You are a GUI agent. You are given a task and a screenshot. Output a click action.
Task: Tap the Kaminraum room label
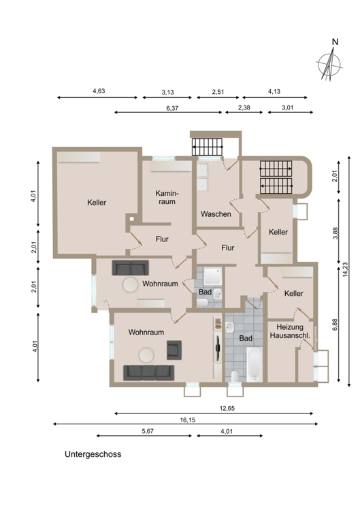pyautogui.click(x=167, y=197)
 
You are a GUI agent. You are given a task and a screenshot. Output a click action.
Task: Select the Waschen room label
pyautogui.click(x=216, y=214)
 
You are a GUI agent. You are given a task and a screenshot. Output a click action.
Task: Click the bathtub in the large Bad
pyautogui.click(x=255, y=364)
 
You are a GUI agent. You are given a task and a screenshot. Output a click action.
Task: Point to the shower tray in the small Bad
pyautogui.click(x=212, y=277)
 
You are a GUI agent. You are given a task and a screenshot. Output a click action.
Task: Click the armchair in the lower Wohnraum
pyautogui.click(x=174, y=350)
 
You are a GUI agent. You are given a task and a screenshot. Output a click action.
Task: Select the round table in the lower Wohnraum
pyautogui.click(x=146, y=355)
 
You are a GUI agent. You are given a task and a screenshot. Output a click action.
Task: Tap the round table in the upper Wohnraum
pyautogui.click(x=130, y=285)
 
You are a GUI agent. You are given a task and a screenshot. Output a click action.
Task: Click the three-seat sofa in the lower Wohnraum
pyautogui.click(x=148, y=373)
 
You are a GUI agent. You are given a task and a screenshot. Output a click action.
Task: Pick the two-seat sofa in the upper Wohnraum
pyautogui.click(x=130, y=268)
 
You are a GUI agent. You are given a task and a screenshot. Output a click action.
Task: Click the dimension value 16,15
pyautogui.click(x=188, y=420)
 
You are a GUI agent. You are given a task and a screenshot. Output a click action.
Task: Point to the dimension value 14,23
pyautogui.click(x=345, y=270)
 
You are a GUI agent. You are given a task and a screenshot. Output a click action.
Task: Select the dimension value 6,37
pyautogui.click(x=172, y=108)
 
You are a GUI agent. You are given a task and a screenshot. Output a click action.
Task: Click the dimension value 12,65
pyautogui.click(x=227, y=409)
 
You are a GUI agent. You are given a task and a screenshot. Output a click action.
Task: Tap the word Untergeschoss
pyautogui.click(x=93, y=454)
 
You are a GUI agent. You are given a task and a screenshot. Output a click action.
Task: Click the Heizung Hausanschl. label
pyautogui.click(x=290, y=331)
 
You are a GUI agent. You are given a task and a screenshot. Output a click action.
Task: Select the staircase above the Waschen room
pyautogui.click(x=207, y=147)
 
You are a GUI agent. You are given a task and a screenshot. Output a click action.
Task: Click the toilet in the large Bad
pyautogui.click(x=235, y=376)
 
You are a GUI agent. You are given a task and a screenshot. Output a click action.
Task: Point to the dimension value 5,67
pyautogui.click(x=148, y=431)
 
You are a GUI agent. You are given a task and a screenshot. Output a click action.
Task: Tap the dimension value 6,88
pyautogui.click(x=335, y=324)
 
